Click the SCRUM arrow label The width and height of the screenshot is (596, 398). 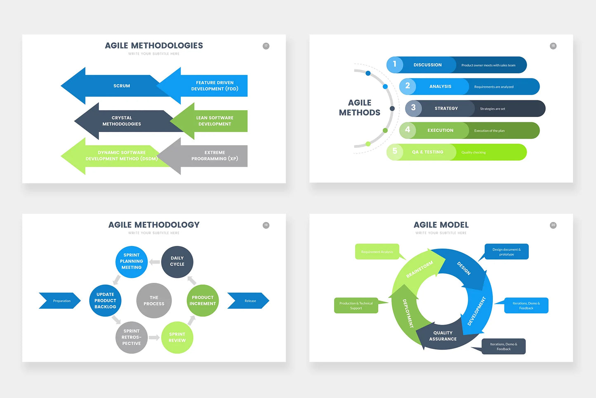pyautogui.click(x=122, y=86)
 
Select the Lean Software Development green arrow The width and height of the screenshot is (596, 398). pyautogui.click(x=214, y=121)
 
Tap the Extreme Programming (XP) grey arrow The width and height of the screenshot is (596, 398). pyautogui.click(x=214, y=156)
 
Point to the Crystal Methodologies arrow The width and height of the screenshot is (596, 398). pyautogui.click(x=122, y=121)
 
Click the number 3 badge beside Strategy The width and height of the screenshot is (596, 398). pyautogui.click(x=413, y=108)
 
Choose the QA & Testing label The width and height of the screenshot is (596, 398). pyautogui.click(x=428, y=152)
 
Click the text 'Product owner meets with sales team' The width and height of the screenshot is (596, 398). pyautogui.click(x=488, y=65)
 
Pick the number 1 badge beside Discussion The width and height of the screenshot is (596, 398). pyautogui.click(x=395, y=64)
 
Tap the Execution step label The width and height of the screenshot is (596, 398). pyautogui.click(x=440, y=130)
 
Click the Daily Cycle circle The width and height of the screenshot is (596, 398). pyautogui.click(x=177, y=262)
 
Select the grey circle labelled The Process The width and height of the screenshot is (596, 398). pyautogui.click(x=154, y=301)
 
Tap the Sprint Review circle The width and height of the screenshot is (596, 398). pyautogui.click(x=177, y=337)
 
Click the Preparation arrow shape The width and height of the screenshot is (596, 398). pyautogui.click(x=60, y=301)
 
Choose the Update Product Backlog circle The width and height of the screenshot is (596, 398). pyautogui.click(x=105, y=301)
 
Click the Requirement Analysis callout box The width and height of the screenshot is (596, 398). pyautogui.click(x=377, y=252)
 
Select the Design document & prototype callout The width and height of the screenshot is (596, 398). pyautogui.click(x=506, y=252)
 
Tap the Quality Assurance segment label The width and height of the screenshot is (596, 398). pyautogui.click(x=443, y=336)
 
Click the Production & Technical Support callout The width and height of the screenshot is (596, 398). pyautogui.click(x=356, y=306)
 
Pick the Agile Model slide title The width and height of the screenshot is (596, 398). pyautogui.click(x=441, y=225)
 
